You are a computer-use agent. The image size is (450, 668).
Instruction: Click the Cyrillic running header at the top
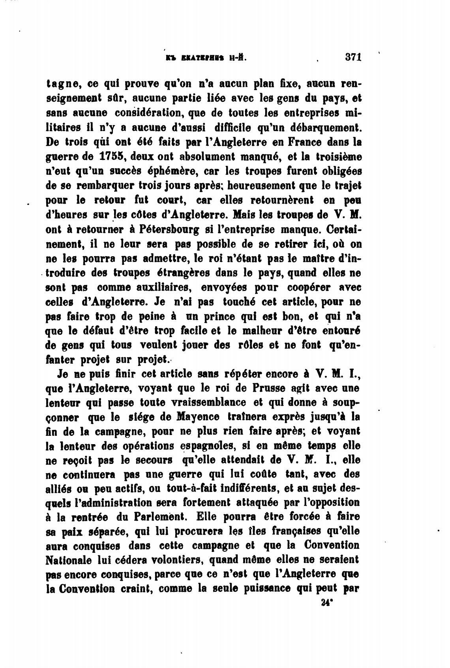[x=206, y=58]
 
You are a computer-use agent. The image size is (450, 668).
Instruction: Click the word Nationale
[x=69, y=559]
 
